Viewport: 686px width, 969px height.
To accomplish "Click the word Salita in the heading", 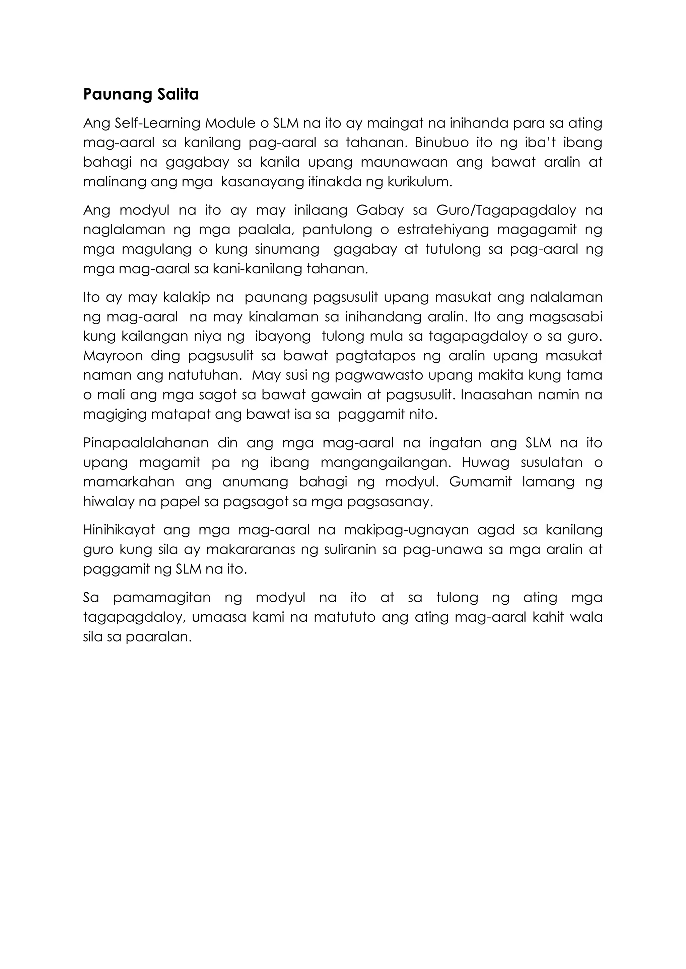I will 178,95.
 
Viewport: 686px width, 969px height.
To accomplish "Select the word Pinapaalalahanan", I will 146,443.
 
